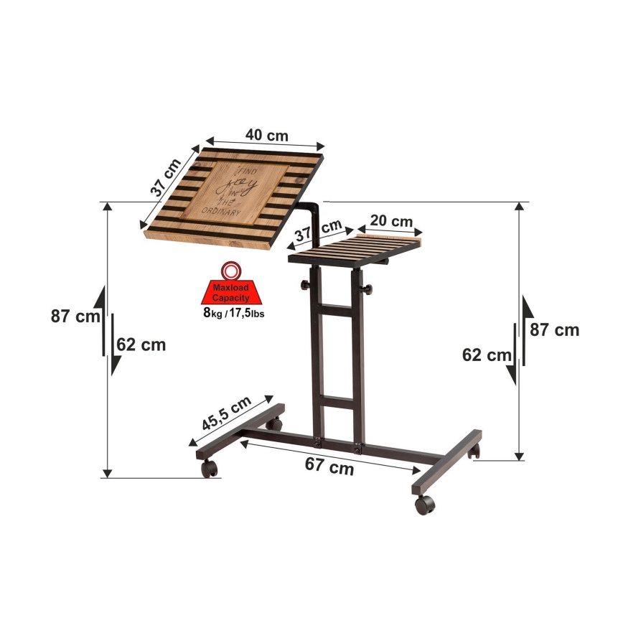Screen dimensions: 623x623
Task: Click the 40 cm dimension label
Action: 266,136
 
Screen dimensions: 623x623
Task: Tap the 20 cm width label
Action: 391,220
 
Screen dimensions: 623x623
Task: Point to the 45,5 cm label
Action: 227,413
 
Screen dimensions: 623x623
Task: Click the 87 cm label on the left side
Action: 74,316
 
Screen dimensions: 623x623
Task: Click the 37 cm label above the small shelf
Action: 318,231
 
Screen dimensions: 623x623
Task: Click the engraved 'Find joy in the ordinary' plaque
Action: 238,192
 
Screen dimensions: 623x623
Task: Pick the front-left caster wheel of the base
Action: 209,469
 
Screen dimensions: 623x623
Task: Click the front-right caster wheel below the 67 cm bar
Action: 424,504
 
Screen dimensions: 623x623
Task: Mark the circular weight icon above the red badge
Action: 230,271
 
